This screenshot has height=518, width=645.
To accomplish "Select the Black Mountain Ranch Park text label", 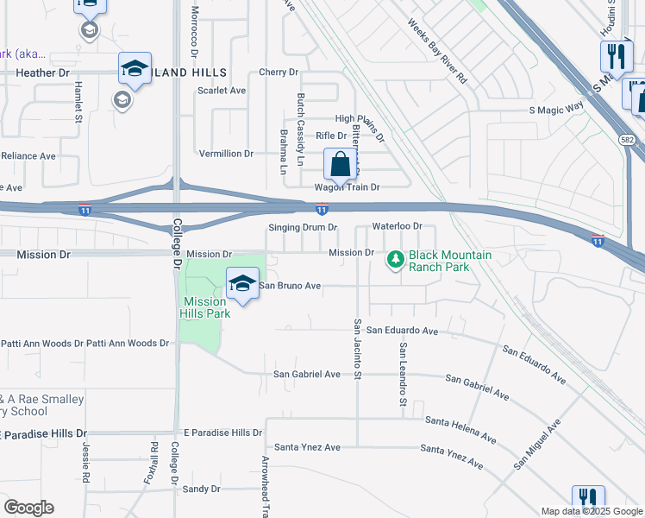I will pos(450,260).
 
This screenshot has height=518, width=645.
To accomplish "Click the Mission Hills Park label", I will pos(206,307).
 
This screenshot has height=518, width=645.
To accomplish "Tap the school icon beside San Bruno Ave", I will pos(243,283).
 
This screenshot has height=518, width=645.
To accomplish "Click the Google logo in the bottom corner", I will pos(28,508).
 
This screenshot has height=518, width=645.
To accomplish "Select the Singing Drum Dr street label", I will pos(302,227).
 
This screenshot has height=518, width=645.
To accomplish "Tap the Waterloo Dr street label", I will pos(397,226).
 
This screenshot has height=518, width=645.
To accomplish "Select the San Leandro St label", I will pos(402,373).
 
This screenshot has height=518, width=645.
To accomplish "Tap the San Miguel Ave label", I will pos(537,444).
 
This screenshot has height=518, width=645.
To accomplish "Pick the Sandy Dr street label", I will pos(202,490).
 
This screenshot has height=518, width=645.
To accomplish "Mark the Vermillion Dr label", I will pos(226,153).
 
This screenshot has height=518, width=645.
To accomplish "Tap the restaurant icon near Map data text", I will pos(587,499).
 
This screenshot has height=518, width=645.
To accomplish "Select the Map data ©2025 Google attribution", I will pos(592,511).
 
